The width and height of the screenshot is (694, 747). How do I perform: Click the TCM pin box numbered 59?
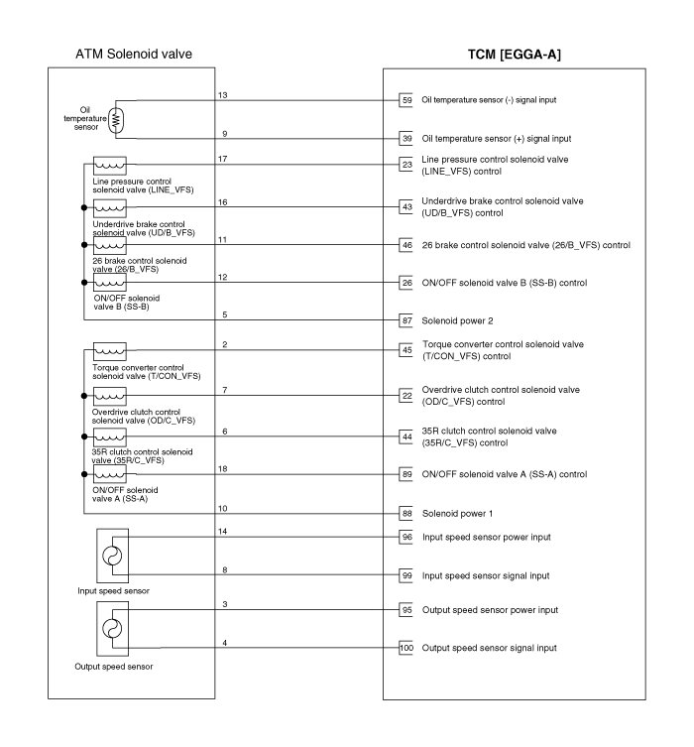click(406, 100)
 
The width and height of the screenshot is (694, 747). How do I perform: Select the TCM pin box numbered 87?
click(406, 320)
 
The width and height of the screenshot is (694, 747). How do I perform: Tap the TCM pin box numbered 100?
click(406, 648)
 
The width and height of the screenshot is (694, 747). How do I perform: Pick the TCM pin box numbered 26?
click(406, 284)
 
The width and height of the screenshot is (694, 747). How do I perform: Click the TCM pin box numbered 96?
click(406, 538)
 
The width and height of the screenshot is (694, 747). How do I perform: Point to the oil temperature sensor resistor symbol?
click(117, 119)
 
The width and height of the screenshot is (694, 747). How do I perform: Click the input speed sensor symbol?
click(111, 557)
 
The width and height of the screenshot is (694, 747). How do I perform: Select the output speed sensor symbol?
click(111, 629)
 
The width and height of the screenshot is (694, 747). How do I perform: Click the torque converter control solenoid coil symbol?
click(109, 351)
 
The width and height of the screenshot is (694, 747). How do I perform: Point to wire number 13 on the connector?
click(223, 95)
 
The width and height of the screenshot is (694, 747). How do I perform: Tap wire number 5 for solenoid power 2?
click(224, 315)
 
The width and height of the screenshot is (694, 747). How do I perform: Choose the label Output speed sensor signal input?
click(490, 648)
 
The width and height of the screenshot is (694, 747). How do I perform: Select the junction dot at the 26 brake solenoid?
click(83, 245)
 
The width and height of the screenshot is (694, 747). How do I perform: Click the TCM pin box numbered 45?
click(406, 349)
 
